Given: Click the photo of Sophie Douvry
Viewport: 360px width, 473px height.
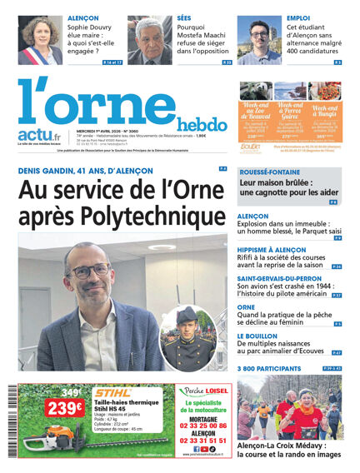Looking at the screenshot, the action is [40, 39].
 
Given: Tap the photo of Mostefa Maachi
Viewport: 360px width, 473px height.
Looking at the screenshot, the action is [150, 39].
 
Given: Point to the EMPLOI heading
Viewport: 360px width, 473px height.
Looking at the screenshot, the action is [298, 17].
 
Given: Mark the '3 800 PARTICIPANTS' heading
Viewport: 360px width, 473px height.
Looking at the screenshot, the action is [271, 367].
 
